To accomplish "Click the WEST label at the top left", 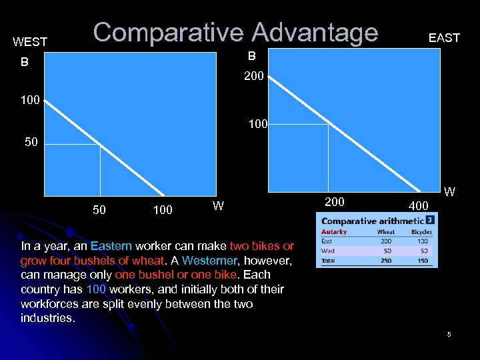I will [30, 42].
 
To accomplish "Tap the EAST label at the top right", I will [444, 38].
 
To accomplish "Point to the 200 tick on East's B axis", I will [254, 77].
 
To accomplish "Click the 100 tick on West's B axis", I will [30, 101].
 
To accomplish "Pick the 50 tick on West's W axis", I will [99, 210].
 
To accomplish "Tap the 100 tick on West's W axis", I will [162, 210].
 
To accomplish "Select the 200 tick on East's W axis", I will [335, 202].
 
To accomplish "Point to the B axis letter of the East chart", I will [252, 55].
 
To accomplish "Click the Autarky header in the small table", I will [334, 232].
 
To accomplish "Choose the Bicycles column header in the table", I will [421, 232].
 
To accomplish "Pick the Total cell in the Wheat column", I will [386, 260].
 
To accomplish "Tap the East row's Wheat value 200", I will [386, 241].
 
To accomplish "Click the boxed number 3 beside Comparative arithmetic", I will [431, 219].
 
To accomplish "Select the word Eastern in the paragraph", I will [111, 246].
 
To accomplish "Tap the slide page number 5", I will [449, 334].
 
